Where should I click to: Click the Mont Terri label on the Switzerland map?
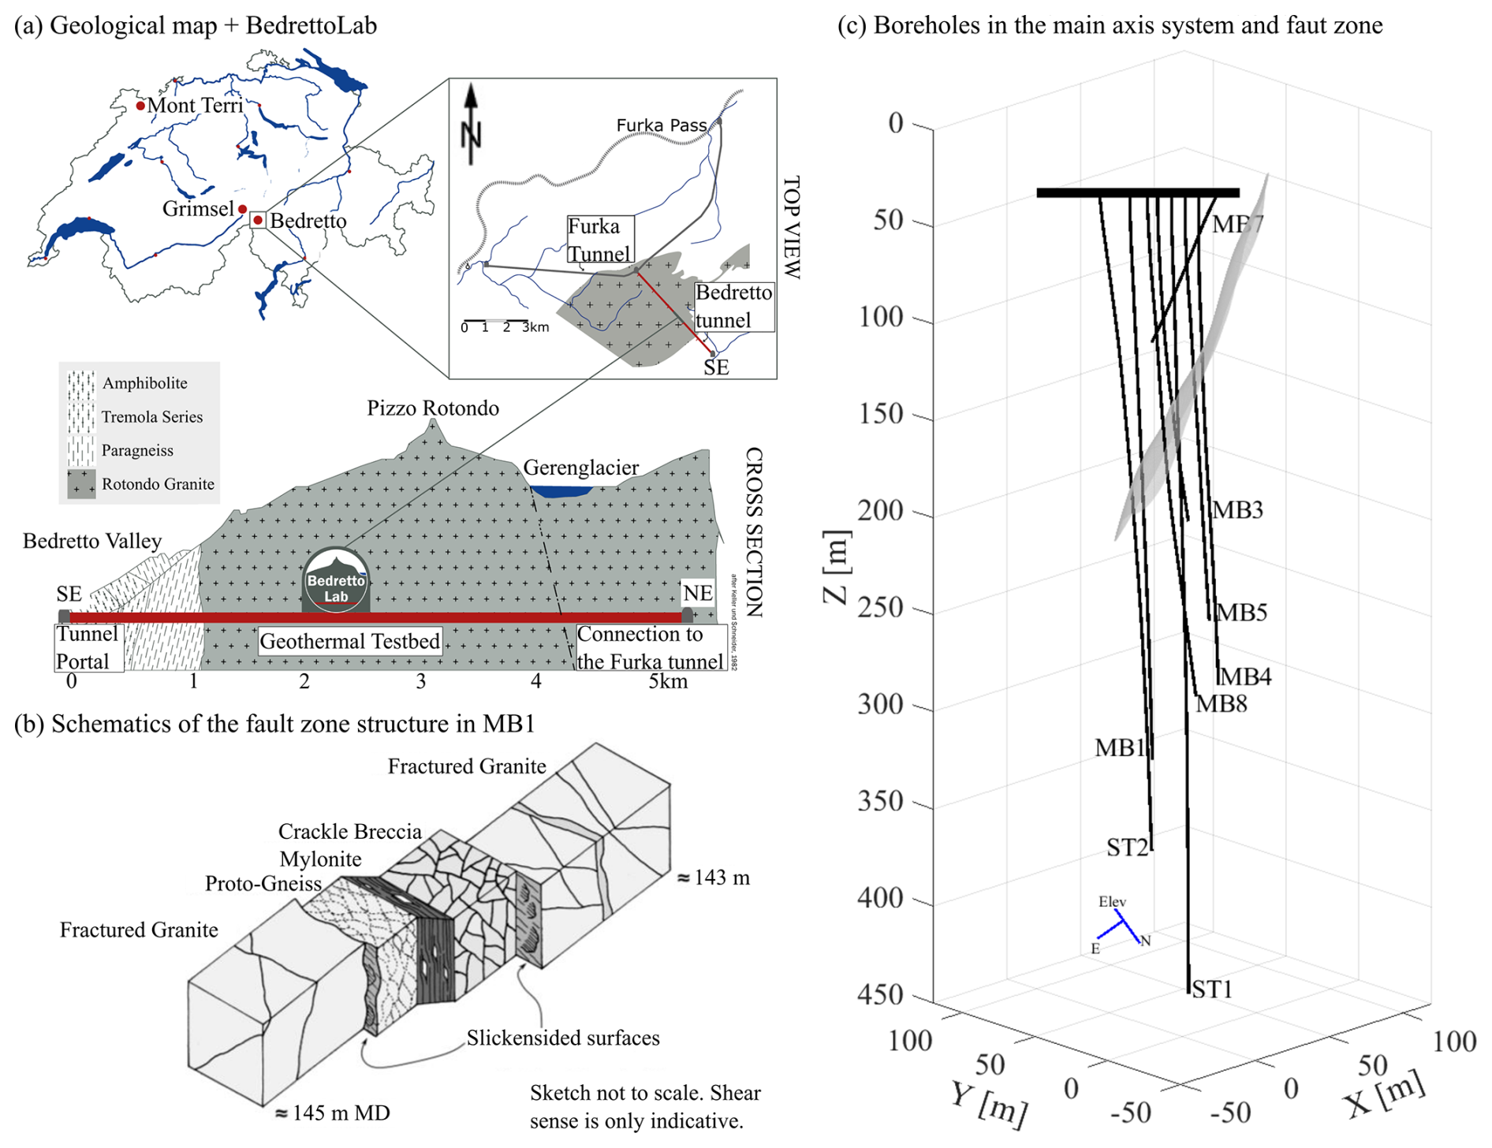point(195,105)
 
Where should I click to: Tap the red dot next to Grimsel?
point(243,209)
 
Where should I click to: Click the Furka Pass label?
point(661,125)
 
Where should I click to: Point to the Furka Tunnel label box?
point(599,240)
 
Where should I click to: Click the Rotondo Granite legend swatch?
point(81,483)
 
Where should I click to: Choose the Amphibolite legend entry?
point(144,383)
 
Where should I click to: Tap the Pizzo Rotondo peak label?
point(432,408)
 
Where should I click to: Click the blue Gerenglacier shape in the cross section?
point(561,491)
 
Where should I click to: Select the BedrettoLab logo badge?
point(336,581)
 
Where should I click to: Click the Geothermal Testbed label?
point(350,641)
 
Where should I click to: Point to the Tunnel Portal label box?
point(88,647)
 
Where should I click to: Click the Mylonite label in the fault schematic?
point(320,859)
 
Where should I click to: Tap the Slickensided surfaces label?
point(562,1038)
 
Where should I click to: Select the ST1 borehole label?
point(1212,989)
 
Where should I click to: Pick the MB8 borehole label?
point(1222,703)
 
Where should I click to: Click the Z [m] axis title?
point(837,567)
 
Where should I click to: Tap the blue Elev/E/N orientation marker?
point(1121,926)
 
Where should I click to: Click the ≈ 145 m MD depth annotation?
point(332,1113)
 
